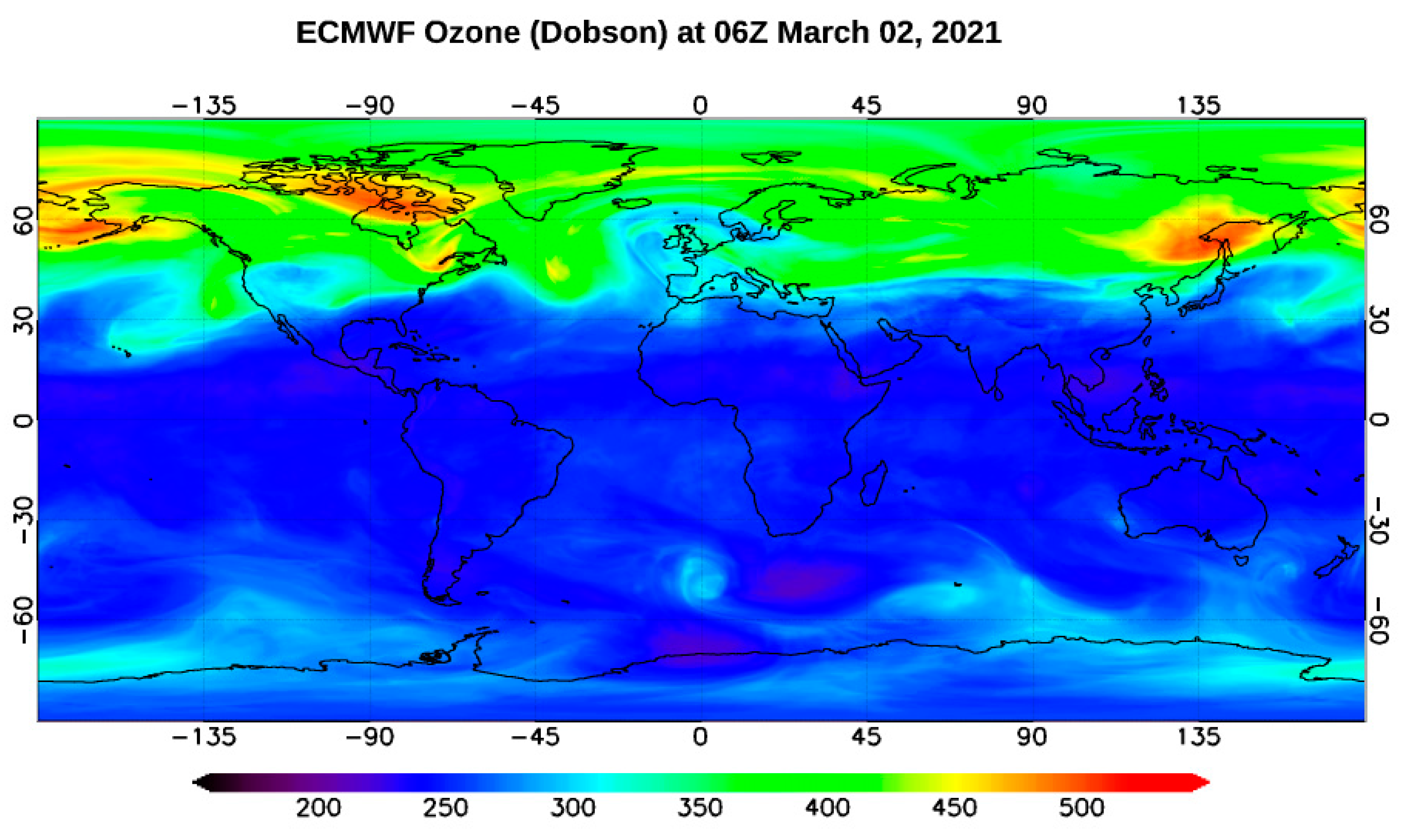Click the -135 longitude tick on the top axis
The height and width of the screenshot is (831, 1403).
(204, 105)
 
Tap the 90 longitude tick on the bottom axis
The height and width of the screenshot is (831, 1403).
(1032, 737)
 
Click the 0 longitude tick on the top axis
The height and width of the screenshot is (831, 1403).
(700, 105)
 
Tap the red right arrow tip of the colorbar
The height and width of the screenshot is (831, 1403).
(1204, 783)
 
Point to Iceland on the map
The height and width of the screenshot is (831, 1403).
(631, 203)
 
